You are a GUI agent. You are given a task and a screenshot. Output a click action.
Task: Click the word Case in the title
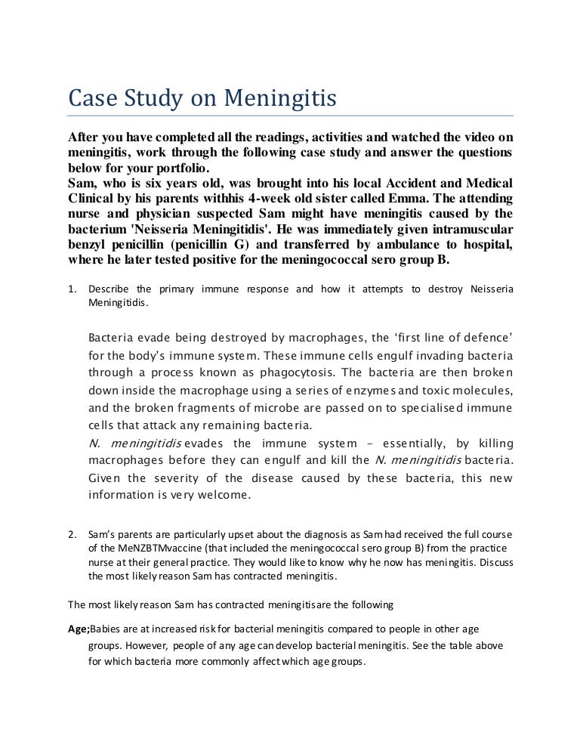[x=88, y=99]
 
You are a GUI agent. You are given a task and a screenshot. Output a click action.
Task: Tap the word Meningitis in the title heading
[x=259, y=99]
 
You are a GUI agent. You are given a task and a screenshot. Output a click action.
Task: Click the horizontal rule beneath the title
[x=290, y=116]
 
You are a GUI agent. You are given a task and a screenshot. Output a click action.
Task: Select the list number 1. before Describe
[x=72, y=290]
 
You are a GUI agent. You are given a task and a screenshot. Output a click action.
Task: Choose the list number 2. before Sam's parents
[x=72, y=537]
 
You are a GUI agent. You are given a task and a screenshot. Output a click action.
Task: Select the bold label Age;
[x=79, y=629]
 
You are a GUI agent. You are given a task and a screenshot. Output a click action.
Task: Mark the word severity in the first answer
[x=183, y=478]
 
